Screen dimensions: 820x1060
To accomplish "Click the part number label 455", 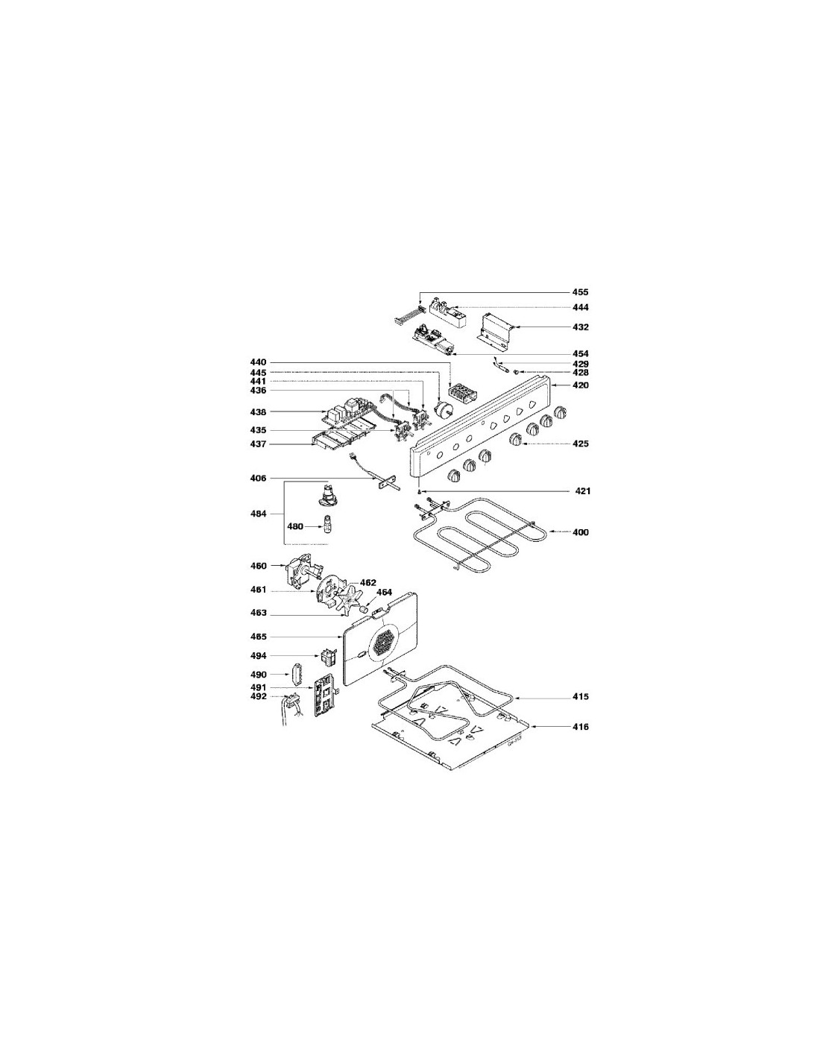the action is click(x=580, y=292).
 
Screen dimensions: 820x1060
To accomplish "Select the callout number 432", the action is click(x=580, y=327).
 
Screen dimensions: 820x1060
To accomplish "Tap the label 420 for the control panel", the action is click(x=580, y=385).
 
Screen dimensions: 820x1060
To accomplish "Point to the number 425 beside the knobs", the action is click(x=580, y=444).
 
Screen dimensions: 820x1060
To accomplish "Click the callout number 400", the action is click(x=580, y=532).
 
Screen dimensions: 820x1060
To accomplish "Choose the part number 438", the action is click(x=258, y=412).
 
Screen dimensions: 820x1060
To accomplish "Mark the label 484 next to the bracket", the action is click(x=258, y=514).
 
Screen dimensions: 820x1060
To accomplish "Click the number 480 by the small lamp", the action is click(x=294, y=526).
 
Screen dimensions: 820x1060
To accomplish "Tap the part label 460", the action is click(x=258, y=566).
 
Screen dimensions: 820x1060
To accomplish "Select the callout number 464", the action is click(x=383, y=592).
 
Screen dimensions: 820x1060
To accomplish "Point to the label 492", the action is click(x=258, y=696).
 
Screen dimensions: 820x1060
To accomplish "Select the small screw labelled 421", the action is click(x=420, y=491).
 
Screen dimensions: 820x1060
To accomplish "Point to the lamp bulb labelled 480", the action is click(x=325, y=526).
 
